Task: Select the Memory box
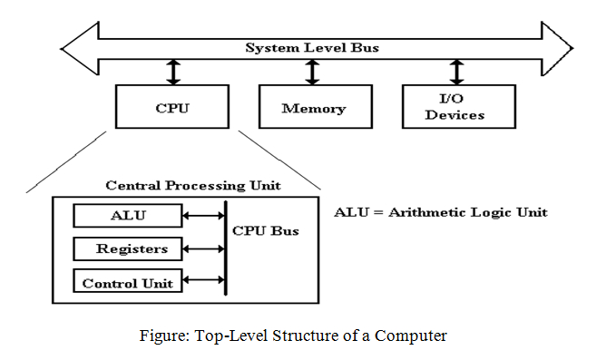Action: coord(313,108)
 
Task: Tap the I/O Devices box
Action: coord(455,108)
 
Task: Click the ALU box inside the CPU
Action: coord(127,216)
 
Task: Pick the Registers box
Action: coord(127,248)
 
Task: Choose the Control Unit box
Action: coord(127,282)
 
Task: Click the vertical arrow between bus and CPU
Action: coord(171,72)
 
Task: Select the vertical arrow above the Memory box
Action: coord(313,72)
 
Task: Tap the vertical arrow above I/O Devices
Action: coord(456,72)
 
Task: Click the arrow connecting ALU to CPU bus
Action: coord(203,216)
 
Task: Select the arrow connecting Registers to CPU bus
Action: coord(203,248)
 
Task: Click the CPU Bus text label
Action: coord(266,230)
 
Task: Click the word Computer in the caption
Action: coord(413,336)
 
